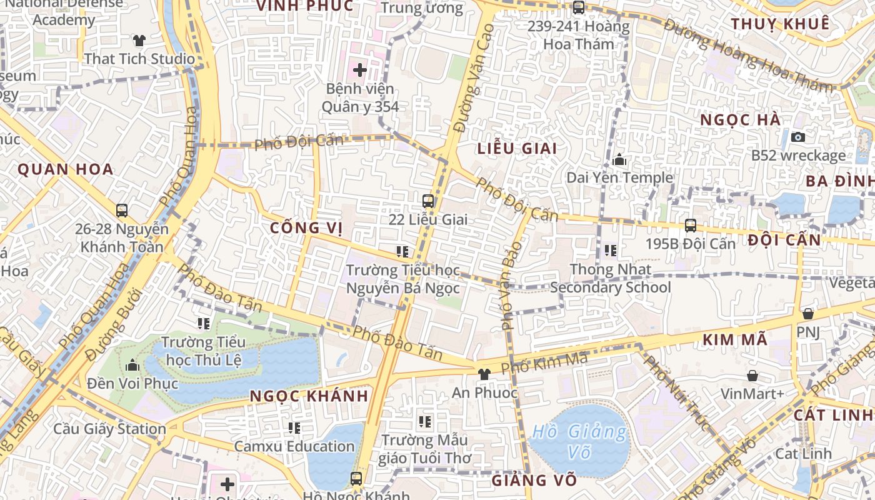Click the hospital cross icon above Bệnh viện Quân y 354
pyautogui.click(x=360, y=69)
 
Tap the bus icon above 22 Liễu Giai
pyautogui.click(x=428, y=201)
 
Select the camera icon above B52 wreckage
pyautogui.click(x=798, y=137)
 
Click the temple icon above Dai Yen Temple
pyautogui.click(x=620, y=160)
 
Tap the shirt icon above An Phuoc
pyautogui.click(x=484, y=374)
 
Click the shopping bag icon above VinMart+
pyautogui.click(x=752, y=376)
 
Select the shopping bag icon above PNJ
pyautogui.click(x=808, y=314)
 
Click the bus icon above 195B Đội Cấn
pyautogui.click(x=691, y=225)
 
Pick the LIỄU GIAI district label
pyautogui.click(x=516, y=149)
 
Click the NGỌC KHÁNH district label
pyautogui.click(x=309, y=396)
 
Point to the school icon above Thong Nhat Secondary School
pyautogui.click(x=611, y=251)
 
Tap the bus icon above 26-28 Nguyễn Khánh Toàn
pyautogui.click(x=122, y=211)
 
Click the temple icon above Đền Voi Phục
pyautogui.click(x=132, y=365)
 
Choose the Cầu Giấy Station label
pyautogui.click(x=109, y=429)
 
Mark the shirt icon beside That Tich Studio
pyautogui.click(x=139, y=41)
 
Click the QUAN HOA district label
pyautogui.click(x=66, y=169)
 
